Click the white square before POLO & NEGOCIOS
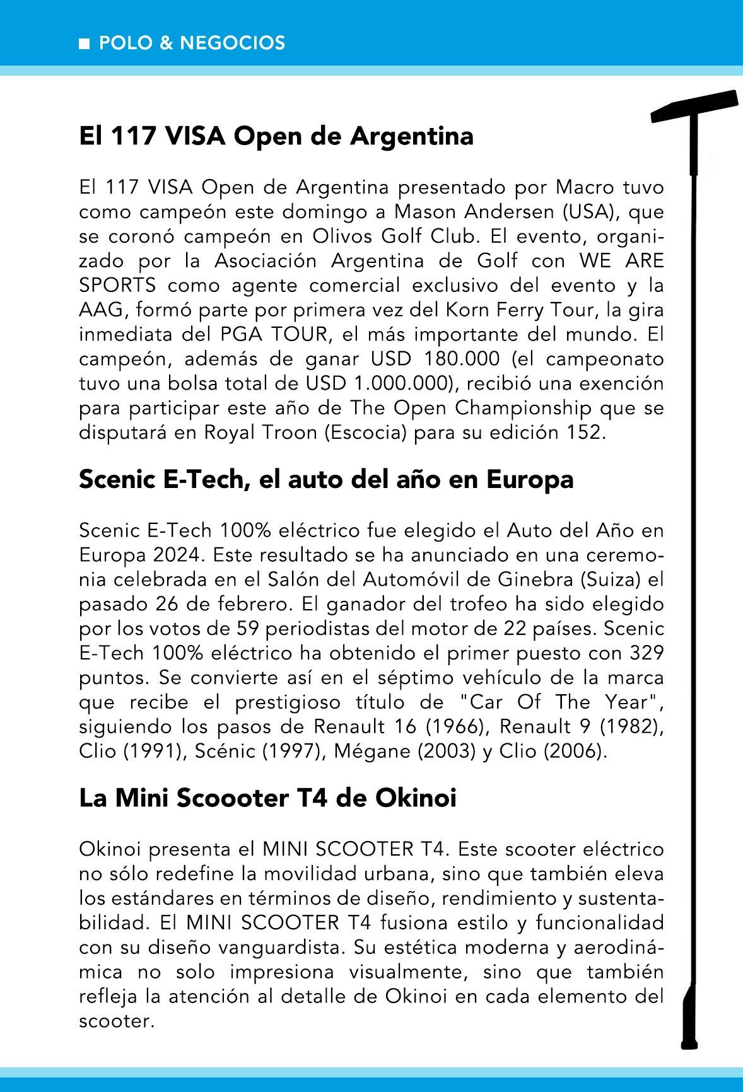pos(84,44)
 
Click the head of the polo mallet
pos(694,107)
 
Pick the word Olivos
pos(341,237)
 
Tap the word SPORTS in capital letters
pos(118,286)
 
